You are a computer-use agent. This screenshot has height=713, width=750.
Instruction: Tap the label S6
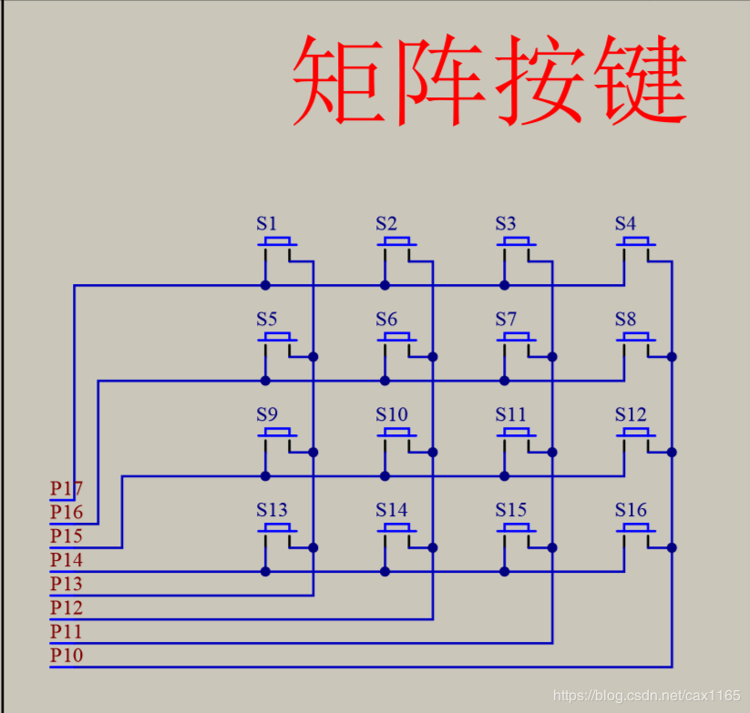coord(386,320)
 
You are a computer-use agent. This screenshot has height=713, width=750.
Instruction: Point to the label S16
coord(631,510)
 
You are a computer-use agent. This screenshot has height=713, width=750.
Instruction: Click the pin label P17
coord(67,488)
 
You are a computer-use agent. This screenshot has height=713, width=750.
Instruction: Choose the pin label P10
coord(67,655)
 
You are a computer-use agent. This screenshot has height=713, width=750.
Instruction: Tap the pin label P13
coord(67,584)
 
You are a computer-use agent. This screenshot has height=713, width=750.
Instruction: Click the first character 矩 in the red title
coord(339,79)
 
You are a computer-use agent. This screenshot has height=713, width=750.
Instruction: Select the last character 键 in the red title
coord(641,79)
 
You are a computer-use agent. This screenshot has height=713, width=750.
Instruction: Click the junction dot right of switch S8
coord(672,357)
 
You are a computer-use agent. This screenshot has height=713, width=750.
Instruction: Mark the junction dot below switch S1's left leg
coord(265,285)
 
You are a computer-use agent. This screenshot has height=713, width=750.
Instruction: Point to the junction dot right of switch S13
coord(313,547)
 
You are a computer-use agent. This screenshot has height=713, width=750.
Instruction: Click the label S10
coord(392,414)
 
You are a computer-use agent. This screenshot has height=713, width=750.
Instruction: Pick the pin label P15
coord(67,535)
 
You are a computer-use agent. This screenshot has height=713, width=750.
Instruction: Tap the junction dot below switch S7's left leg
coord(505,381)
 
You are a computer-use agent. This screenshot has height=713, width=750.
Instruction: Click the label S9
coord(267,414)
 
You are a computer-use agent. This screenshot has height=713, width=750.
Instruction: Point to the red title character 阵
coord(439,79)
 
